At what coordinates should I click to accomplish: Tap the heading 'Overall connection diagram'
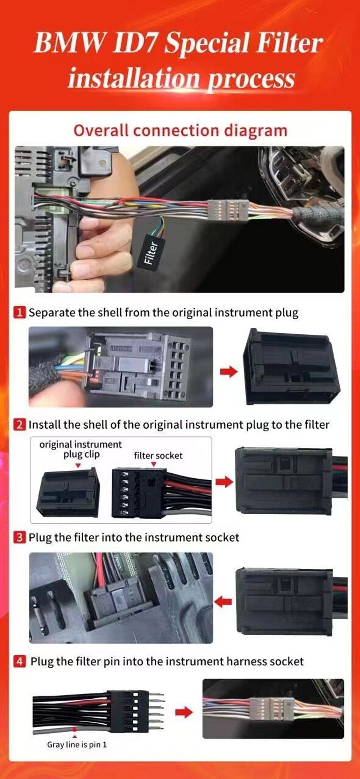(180, 131)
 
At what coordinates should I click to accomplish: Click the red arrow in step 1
(229, 372)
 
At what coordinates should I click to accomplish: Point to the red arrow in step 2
(224, 481)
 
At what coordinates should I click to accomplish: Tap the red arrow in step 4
(184, 712)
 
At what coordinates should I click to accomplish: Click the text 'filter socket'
(158, 455)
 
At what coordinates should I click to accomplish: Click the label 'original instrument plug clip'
(80, 449)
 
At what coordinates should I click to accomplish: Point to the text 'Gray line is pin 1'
(77, 745)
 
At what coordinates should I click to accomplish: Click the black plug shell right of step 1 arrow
(291, 366)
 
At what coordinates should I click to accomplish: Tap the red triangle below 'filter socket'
(154, 464)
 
